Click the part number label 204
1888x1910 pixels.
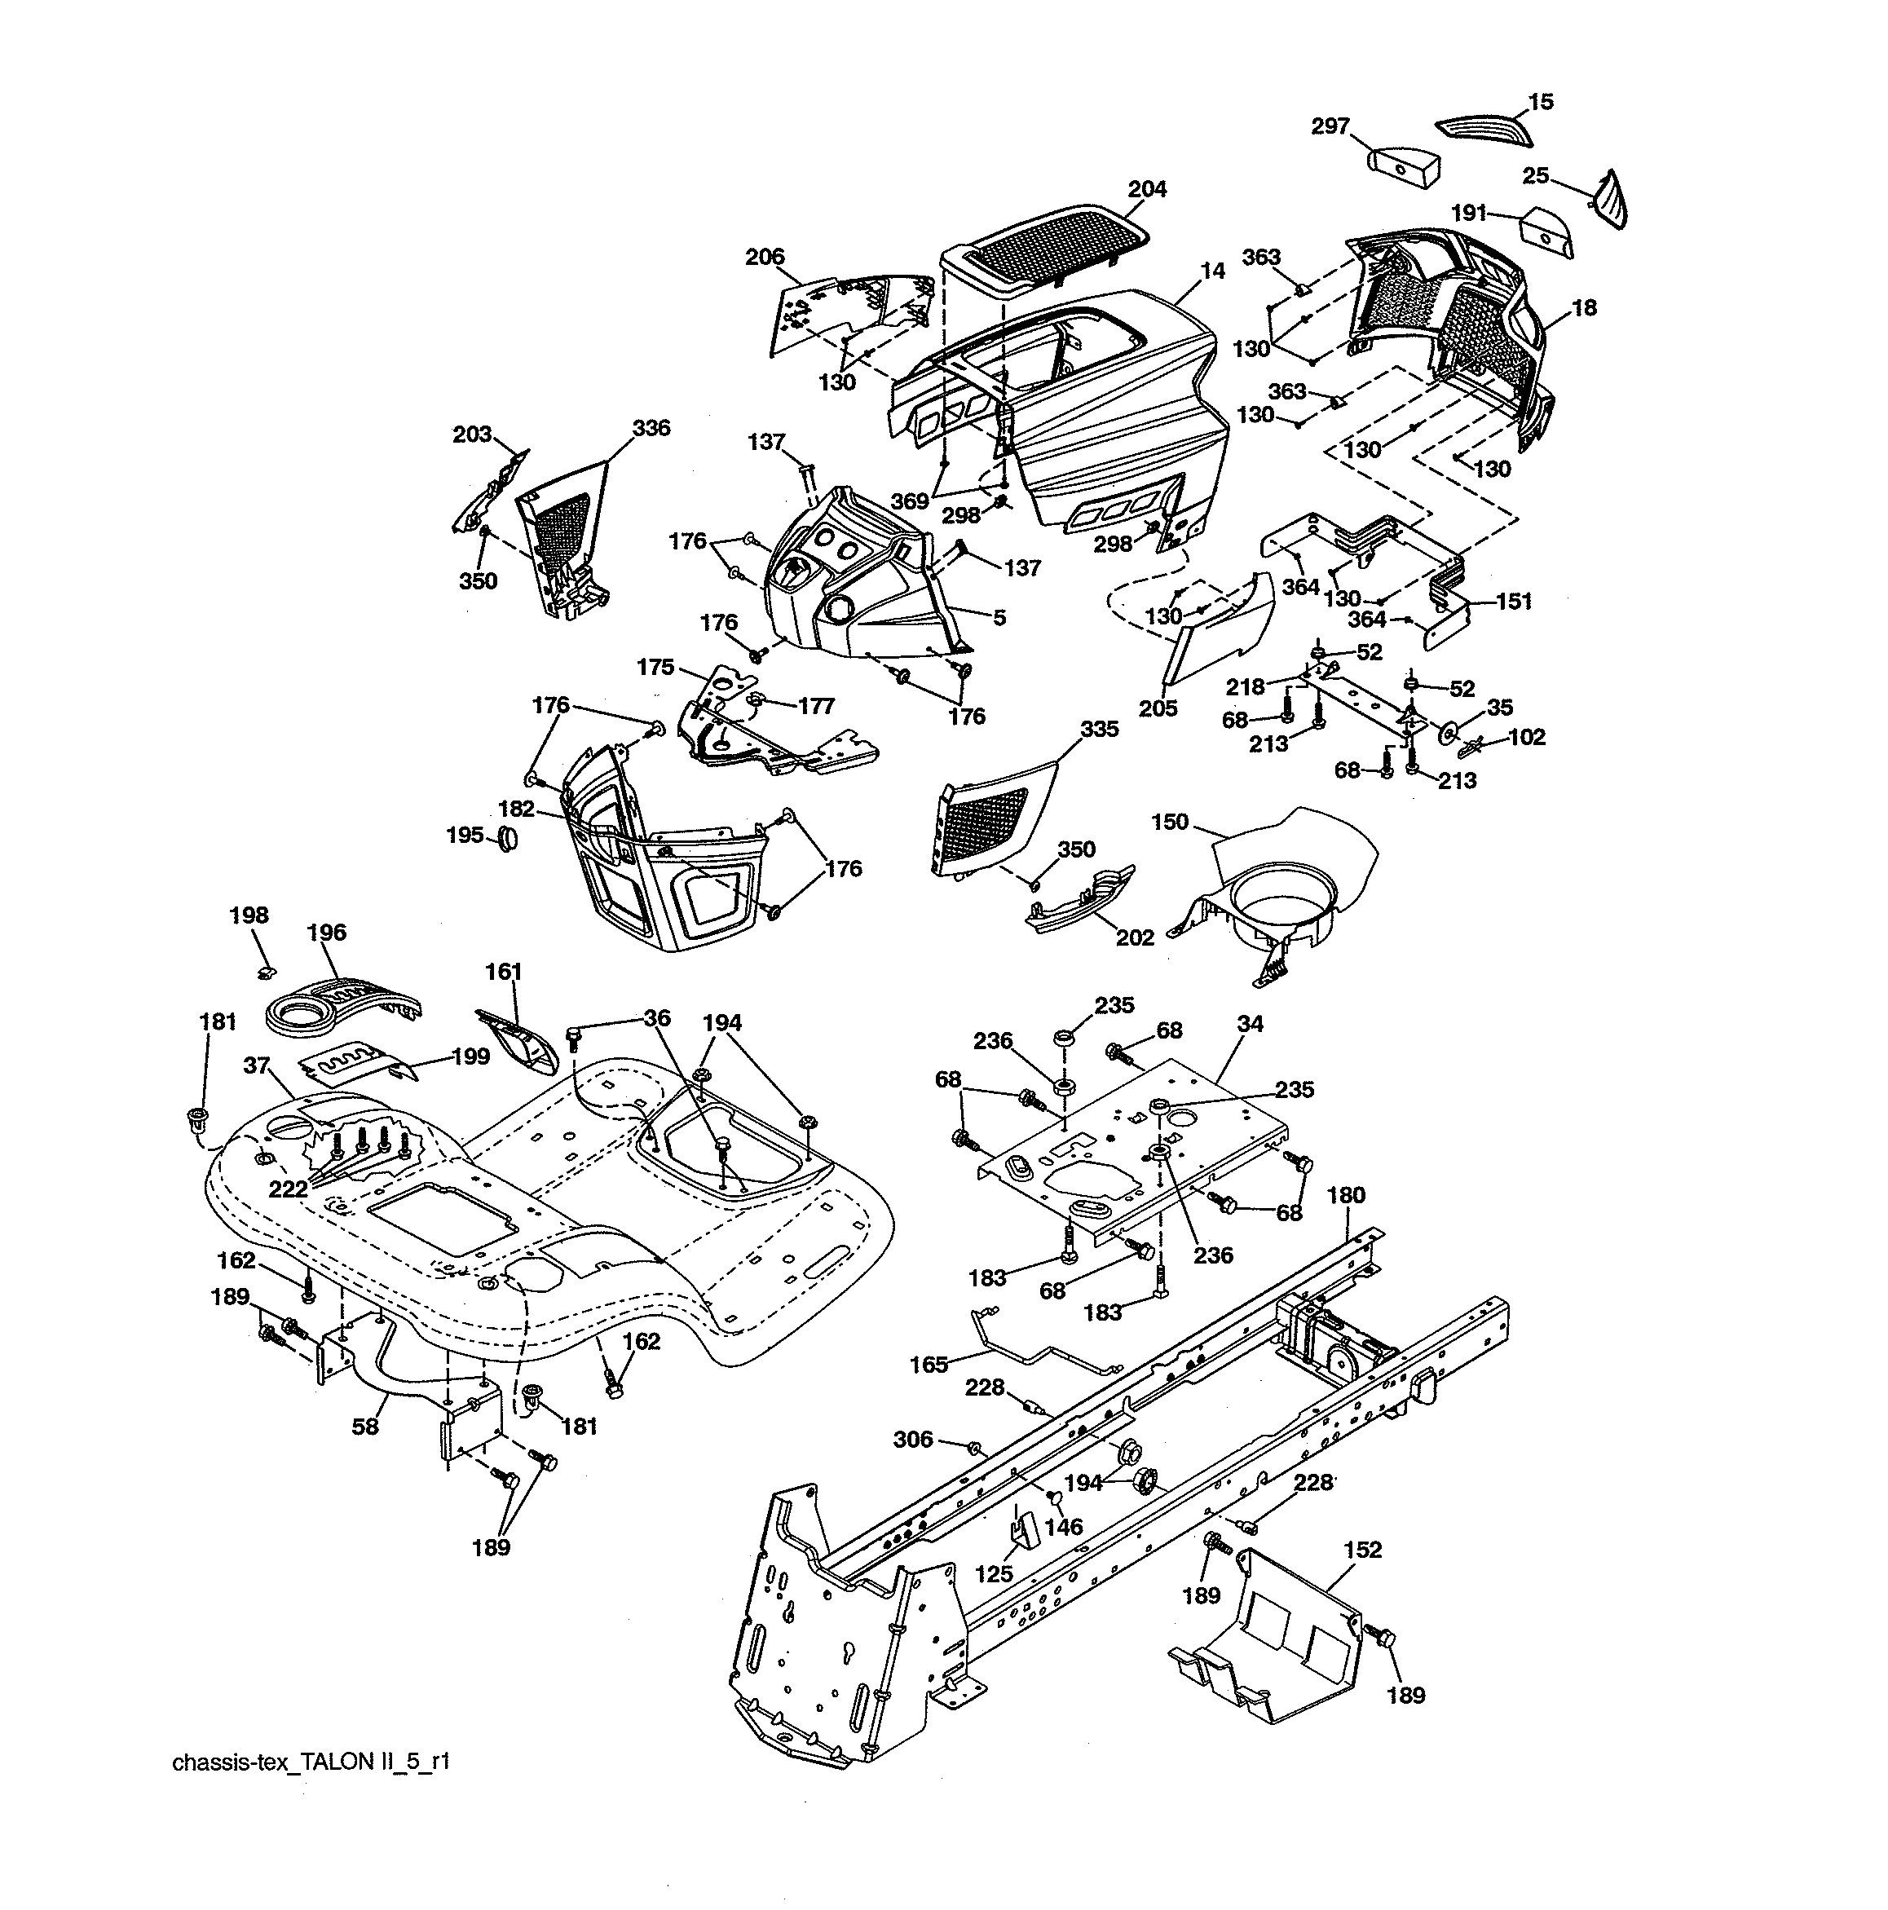(x=1147, y=189)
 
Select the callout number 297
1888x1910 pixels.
(x=1330, y=126)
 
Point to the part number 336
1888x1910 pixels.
(x=651, y=428)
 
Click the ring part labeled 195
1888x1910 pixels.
(x=508, y=840)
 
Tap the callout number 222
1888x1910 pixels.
(x=289, y=1189)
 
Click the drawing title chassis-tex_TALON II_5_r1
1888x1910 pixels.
(x=311, y=1761)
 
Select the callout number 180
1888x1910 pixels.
(x=1345, y=1195)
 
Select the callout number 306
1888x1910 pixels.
(x=912, y=1439)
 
